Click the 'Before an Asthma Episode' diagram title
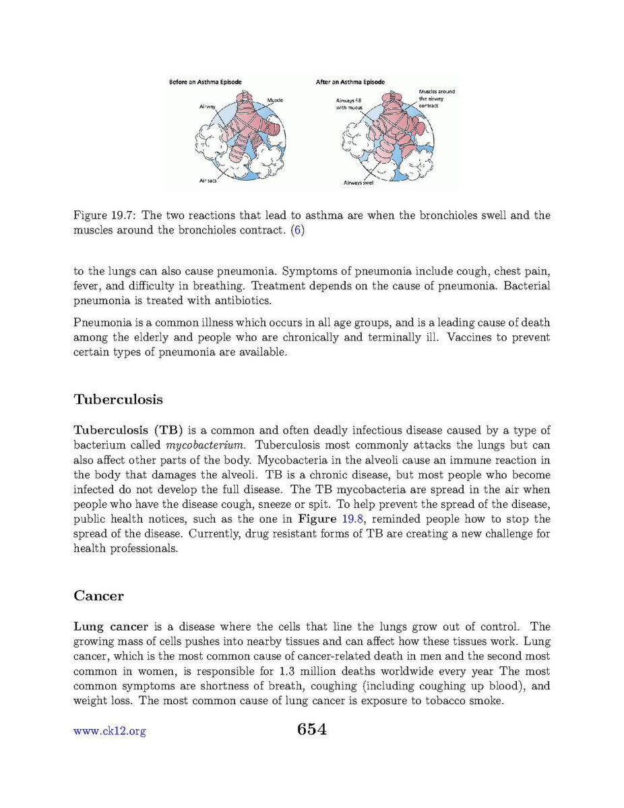(x=204, y=82)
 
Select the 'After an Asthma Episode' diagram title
(x=350, y=82)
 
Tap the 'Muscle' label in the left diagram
(x=274, y=100)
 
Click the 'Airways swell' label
(x=359, y=183)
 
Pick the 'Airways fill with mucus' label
(x=350, y=104)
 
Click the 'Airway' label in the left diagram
(x=207, y=107)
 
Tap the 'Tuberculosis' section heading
(x=118, y=399)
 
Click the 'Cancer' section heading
(x=98, y=596)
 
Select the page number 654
(x=311, y=729)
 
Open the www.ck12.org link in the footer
(x=109, y=731)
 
